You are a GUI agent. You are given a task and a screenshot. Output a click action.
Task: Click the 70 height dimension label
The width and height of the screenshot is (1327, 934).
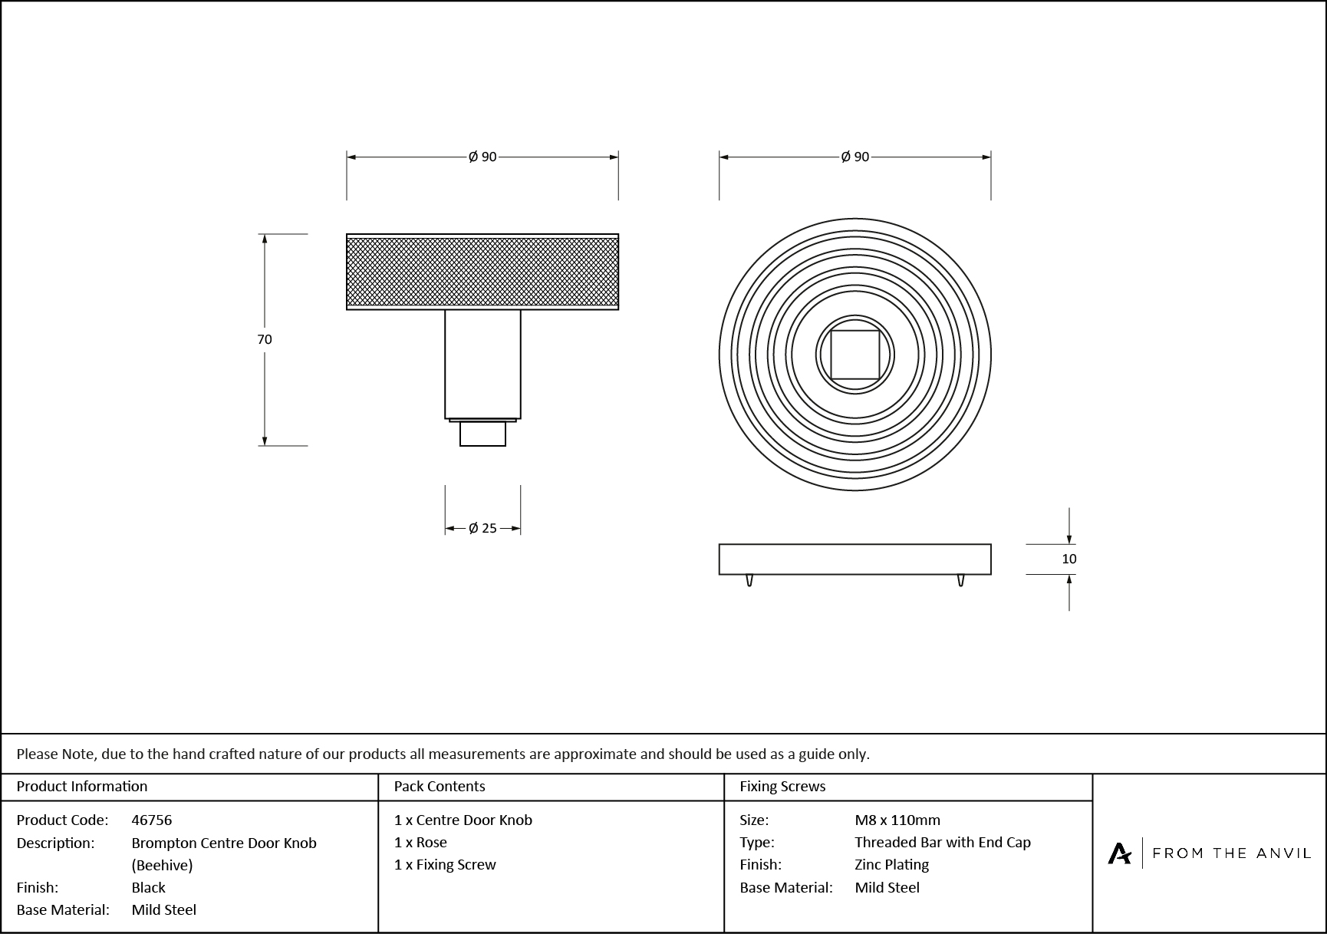[x=265, y=339]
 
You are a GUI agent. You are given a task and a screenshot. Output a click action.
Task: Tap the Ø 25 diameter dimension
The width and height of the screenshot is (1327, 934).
[x=482, y=528]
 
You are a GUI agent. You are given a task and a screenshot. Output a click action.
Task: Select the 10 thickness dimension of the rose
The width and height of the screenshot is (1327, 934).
[x=1069, y=559]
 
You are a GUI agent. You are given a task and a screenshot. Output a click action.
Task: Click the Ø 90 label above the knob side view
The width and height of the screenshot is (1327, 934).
[x=482, y=157]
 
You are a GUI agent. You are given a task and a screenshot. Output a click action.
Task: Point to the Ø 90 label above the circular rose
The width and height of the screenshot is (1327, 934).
[x=855, y=157]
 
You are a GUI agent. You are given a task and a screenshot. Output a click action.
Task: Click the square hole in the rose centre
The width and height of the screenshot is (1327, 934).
[x=855, y=355]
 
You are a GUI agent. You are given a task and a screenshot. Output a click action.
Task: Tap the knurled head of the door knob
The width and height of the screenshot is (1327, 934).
[x=482, y=272]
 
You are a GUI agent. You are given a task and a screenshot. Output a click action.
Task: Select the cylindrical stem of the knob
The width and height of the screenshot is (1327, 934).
[x=482, y=364]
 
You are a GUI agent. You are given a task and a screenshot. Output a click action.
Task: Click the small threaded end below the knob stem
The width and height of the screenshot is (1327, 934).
[x=482, y=434]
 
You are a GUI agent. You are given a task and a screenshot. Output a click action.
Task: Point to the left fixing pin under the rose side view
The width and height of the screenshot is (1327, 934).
[x=749, y=580]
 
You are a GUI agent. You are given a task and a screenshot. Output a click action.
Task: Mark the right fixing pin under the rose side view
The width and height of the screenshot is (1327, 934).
[x=960, y=580]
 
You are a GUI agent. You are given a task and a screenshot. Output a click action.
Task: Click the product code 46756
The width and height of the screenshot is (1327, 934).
[x=152, y=820]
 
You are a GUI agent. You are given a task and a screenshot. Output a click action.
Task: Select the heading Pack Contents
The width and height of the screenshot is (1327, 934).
[x=440, y=786]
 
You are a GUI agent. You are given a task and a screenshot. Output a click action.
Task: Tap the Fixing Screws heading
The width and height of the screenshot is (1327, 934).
[x=782, y=786]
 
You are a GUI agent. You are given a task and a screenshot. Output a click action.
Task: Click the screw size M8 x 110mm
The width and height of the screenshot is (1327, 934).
[x=897, y=820]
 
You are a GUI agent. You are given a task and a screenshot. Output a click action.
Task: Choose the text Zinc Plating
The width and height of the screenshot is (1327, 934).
[x=892, y=864]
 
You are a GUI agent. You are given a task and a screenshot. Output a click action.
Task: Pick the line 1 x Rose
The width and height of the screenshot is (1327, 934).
[x=420, y=842]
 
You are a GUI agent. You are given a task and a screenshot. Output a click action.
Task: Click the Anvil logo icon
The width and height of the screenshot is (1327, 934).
[x=1119, y=853]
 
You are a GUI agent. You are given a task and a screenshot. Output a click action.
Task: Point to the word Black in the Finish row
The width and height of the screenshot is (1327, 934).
[x=149, y=887]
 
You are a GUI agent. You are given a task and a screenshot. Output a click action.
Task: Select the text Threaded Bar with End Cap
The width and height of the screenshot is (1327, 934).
[x=943, y=842]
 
